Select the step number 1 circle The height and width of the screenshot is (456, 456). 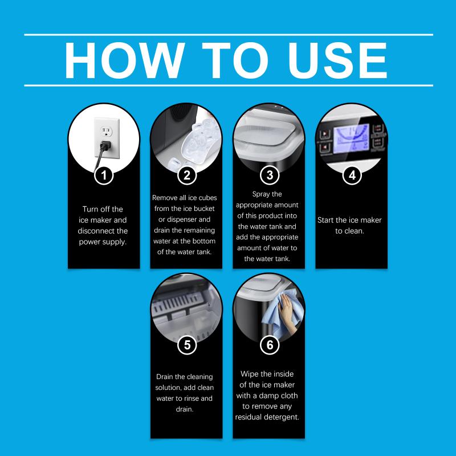(x=104, y=176)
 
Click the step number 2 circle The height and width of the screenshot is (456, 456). (x=187, y=176)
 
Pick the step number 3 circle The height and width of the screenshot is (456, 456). (x=270, y=176)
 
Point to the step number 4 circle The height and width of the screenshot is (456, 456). (x=352, y=176)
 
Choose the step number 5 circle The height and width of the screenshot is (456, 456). (x=187, y=345)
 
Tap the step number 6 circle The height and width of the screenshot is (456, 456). (x=270, y=345)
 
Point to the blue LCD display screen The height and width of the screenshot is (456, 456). (x=352, y=139)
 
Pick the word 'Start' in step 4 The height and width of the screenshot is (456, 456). (x=325, y=220)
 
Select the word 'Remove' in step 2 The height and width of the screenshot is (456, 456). (x=165, y=198)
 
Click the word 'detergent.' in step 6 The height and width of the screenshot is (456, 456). (x=282, y=417)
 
